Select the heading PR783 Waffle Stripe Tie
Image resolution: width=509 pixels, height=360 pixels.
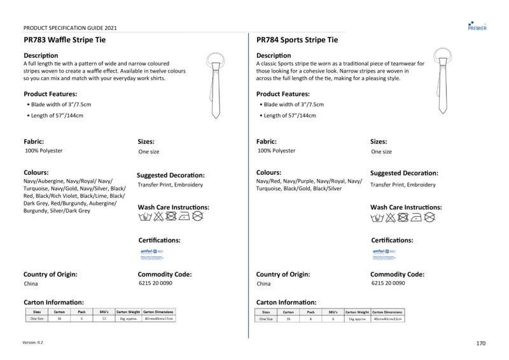tap(64, 39)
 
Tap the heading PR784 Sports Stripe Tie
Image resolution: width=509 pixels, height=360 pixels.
tap(297, 39)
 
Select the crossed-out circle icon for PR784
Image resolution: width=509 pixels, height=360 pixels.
tap(429, 218)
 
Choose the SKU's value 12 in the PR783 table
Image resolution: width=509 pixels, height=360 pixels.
tap(104, 319)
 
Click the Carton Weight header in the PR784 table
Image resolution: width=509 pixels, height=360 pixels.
tap(357, 312)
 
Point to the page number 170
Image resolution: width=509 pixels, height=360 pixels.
tap(480, 343)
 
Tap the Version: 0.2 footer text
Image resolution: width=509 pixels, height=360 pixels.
tap(33, 343)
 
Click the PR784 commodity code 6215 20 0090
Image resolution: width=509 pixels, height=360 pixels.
tap(387, 284)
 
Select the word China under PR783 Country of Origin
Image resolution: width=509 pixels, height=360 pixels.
tap(31, 284)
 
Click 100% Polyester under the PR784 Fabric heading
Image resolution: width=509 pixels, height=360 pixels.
tap(276, 151)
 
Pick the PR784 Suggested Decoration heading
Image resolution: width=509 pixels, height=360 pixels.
tap(404, 173)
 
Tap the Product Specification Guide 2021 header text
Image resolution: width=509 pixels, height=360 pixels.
tap(69, 28)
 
